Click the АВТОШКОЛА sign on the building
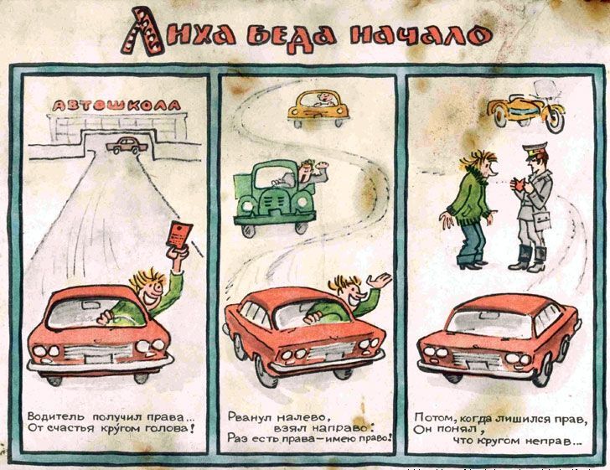[116, 106]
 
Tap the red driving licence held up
[179, 235]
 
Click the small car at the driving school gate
[127, 146]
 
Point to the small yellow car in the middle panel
[318, 108]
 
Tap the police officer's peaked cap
[535, 149]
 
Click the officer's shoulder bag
[541, 220]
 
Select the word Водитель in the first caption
[56, 416]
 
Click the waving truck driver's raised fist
[322, 166]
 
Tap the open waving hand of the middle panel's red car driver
[380, 280]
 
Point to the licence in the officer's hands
[518, 183]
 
